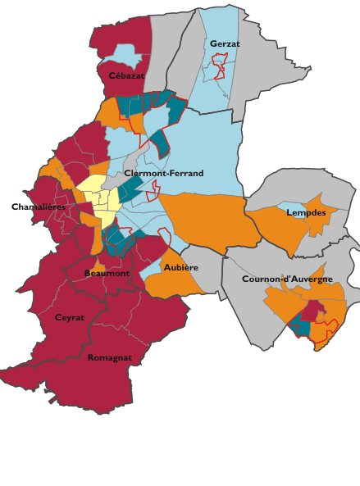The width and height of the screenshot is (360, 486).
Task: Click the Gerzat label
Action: (224, 43)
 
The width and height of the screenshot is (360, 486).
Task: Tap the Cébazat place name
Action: (126, 75)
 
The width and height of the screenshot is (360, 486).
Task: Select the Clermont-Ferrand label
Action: (164, 174)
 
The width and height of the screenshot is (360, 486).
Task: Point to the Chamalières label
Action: (38, 207)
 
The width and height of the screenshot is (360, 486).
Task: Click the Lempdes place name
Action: (306, 212)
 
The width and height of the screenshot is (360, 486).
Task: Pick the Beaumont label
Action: (107, 273)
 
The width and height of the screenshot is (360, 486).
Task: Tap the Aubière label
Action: (180, 267)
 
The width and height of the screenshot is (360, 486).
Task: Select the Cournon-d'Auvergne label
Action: (287, 279)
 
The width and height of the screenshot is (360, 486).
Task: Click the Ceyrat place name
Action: (70, 317)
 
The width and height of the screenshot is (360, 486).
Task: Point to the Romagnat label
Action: (109, 357)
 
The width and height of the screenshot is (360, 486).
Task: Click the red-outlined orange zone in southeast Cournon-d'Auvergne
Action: (325, 332)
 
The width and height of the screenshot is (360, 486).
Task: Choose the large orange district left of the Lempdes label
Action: (279, 229)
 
